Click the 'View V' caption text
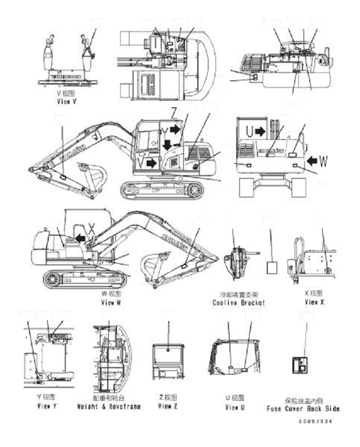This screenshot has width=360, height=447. tap(66, 103)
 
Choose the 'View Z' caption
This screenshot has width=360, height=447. tap(168, 407)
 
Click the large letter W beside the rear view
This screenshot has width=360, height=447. tap(323, 161)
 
